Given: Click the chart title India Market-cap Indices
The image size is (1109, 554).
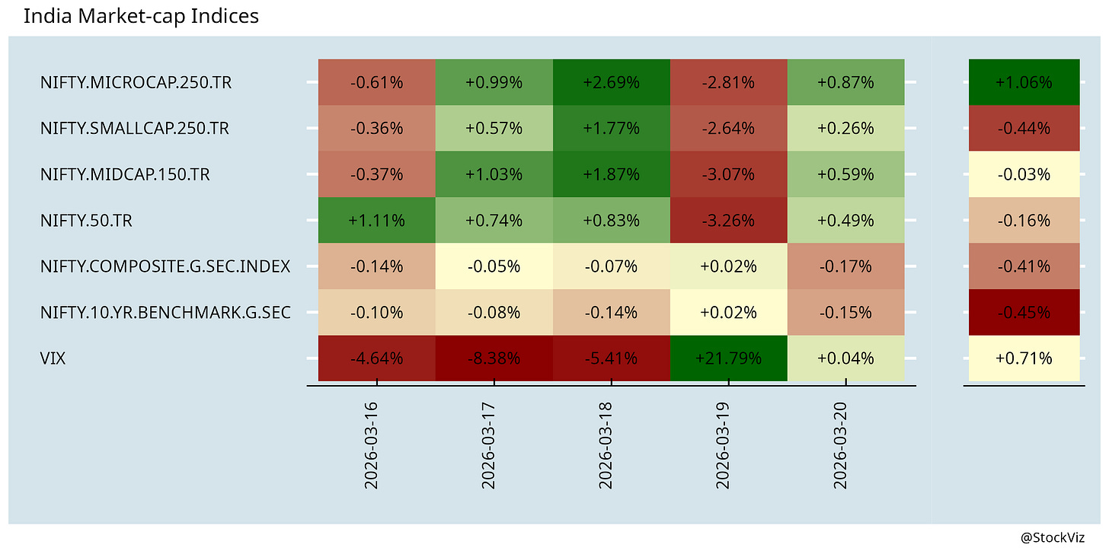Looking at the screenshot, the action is tap(141, 16).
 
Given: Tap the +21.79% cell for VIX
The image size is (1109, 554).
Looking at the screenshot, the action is tap(729, 358).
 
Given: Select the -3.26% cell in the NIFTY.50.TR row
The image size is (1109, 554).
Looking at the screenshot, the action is tap(729, 220).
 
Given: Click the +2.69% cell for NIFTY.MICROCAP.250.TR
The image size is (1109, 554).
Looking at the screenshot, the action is tap(612, 82).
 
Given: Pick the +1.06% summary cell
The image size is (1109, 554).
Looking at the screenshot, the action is tap(1024, 82).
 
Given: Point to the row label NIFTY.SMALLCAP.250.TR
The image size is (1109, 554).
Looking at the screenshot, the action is tap(135, 128).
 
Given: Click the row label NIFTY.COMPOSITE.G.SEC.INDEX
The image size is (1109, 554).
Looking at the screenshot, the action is tap(165, 266).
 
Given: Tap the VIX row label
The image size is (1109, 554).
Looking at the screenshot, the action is tap(53, 358).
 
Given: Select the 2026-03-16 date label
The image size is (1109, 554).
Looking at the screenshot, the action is tap(371, 446).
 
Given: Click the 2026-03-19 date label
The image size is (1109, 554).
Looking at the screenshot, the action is tap(723, 446).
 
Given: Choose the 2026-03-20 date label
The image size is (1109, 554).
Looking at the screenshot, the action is tap(840, 446).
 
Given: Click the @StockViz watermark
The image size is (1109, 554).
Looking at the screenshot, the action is tap(1053, 538).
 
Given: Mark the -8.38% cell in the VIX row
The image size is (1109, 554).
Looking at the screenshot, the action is tap(494, 358).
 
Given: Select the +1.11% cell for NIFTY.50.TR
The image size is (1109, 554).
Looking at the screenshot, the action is tap(377, 220).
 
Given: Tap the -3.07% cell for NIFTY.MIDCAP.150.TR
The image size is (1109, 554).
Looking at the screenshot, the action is tap(729, 174).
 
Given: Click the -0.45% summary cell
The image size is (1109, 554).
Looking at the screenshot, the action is tap(1024, 312).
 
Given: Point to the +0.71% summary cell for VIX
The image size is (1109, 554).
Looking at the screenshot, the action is tap(1024, 358).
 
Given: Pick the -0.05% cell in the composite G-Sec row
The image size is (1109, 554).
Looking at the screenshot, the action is tap(494, 266).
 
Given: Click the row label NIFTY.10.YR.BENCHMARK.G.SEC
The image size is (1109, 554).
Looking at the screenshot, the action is tap(165, 312).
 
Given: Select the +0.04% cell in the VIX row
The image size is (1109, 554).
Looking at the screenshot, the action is tap(846, 358).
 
